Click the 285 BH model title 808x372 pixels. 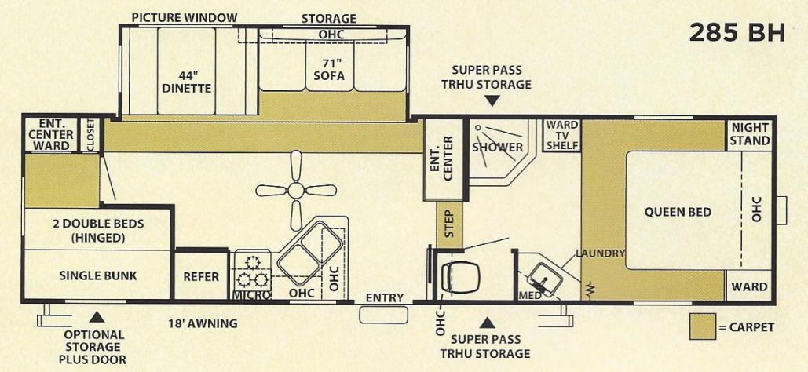(x=737, y=33)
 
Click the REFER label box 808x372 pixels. (x=201, y=276)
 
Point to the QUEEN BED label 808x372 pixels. (x=678, y=212)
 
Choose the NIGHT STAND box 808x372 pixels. (x=750, y=134)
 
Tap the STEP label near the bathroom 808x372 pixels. (x=449, y=221)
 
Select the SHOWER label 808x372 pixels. (x=497, y=147)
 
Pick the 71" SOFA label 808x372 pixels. (x=328, y=70)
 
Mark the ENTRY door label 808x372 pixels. (x=385, y=297)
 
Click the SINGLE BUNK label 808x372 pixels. (x=98, y=275)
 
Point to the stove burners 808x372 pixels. (x=251, y=271)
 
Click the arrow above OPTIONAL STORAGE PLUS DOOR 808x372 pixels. (x=97, y=317)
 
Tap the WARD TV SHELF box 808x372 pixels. (x=561, y=135)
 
